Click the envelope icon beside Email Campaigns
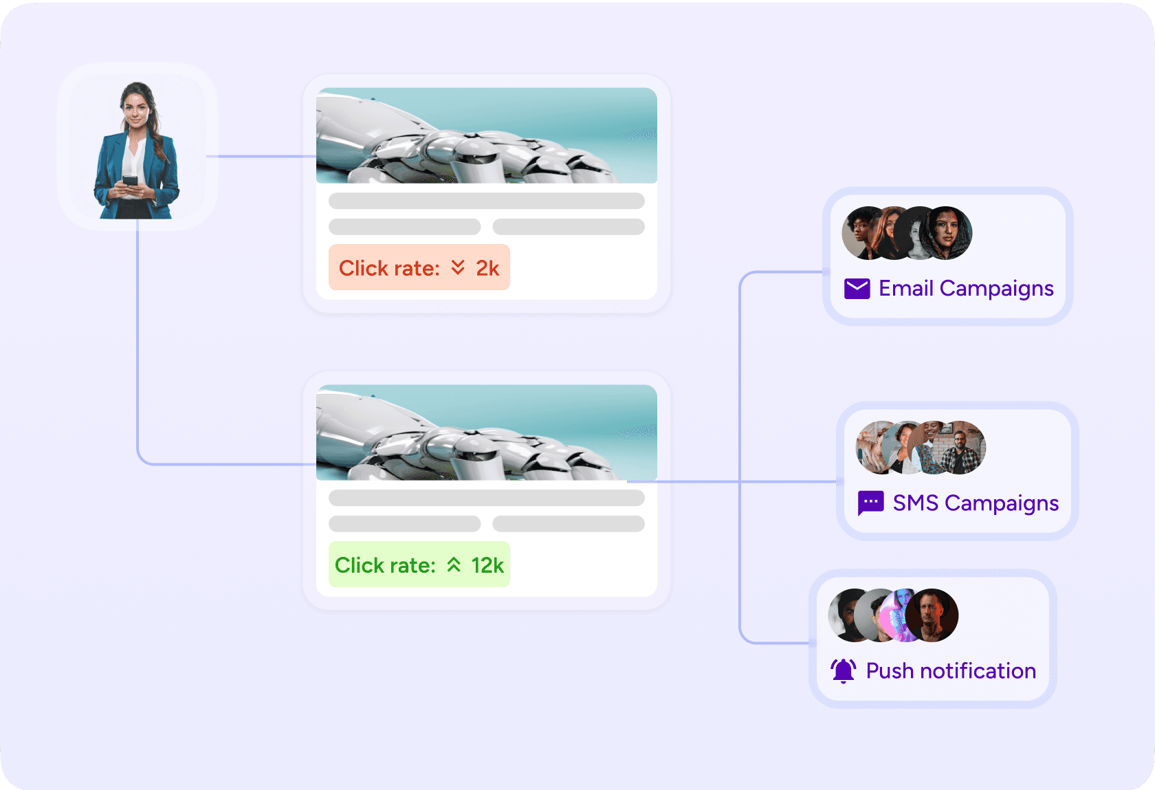857,289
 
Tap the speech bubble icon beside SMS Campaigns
870,503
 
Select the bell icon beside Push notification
843,670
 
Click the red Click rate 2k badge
419,267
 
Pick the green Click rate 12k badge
419,564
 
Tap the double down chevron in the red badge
458,267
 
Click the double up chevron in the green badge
454,564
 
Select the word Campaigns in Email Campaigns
996,289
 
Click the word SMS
915,503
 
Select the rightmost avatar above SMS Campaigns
960,448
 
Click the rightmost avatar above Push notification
932,615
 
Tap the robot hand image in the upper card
486,135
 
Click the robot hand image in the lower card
486,432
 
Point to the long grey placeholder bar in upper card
486,201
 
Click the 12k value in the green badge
487,564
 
